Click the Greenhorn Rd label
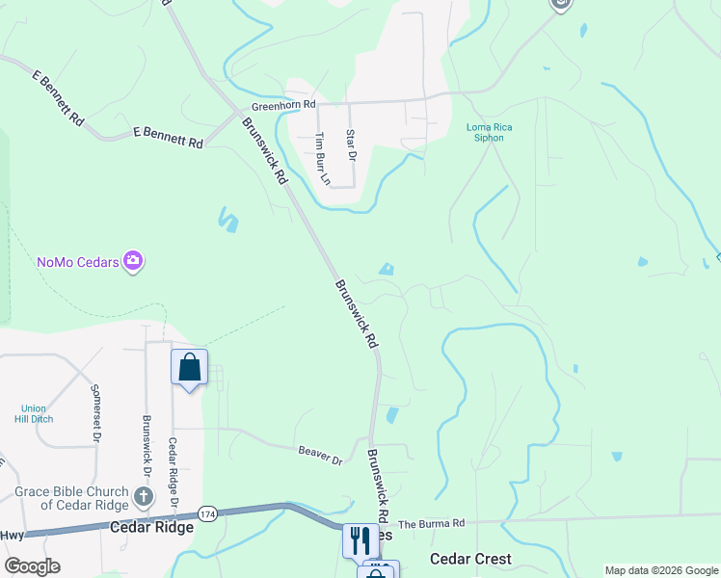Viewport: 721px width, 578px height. click(283, 105)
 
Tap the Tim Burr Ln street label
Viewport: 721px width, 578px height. click(324, 159)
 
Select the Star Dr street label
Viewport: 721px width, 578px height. click(352, 145)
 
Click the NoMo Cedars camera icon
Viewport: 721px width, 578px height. click(133, 261)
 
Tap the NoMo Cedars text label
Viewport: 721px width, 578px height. click(78, 262)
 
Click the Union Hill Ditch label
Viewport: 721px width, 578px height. click(34, 413)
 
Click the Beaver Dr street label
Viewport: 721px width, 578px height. click(320, 454)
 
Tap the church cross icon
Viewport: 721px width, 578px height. click(143, 497)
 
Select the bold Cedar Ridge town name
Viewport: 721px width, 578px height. click(146, 527)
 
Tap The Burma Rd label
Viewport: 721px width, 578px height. click(432, 523)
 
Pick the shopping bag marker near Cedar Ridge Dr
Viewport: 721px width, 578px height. click(189, 367)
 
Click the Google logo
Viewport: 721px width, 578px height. click(32, 566)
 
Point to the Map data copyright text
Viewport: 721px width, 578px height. click(660, 570)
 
